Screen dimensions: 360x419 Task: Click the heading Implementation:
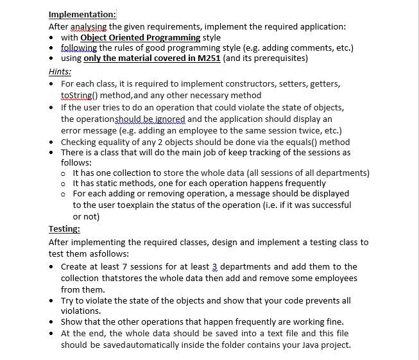point(82,15)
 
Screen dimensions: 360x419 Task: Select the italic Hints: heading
point(60,72)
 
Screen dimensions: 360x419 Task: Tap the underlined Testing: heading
point(64,228)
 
